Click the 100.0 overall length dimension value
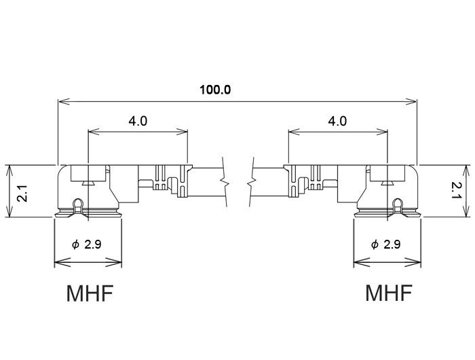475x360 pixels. coord(215,90)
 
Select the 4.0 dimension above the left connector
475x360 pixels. coord(138,122)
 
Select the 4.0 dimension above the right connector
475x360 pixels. coord(337,122)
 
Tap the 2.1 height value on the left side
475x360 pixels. coord(22,193)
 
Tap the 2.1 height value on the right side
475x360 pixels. coord(456,190)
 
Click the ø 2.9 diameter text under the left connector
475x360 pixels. coord(87,244)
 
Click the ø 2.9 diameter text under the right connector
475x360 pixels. coord(386,244)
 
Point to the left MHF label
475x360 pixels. coord(90,293)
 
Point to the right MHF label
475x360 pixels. coord(389,292)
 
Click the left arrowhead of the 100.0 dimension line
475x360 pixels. coord(64,102)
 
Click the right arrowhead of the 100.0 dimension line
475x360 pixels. coord(411,102)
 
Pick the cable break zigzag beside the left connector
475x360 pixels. coord(225,182)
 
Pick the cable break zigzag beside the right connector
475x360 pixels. coord(252,182)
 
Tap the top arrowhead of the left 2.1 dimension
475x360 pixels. coord(10,171)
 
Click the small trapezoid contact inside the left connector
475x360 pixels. coord(88,183)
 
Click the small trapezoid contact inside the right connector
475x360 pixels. coord(387,183)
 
